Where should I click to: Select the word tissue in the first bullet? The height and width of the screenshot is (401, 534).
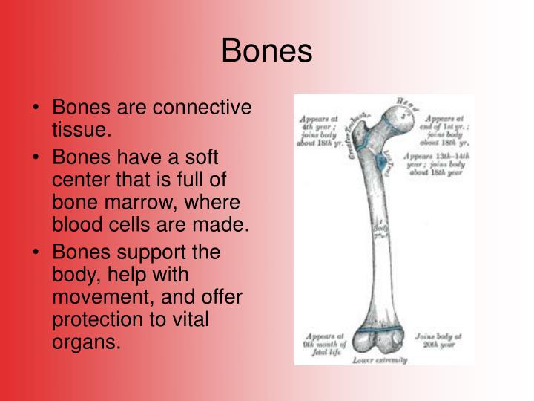(x=82, y=131)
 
